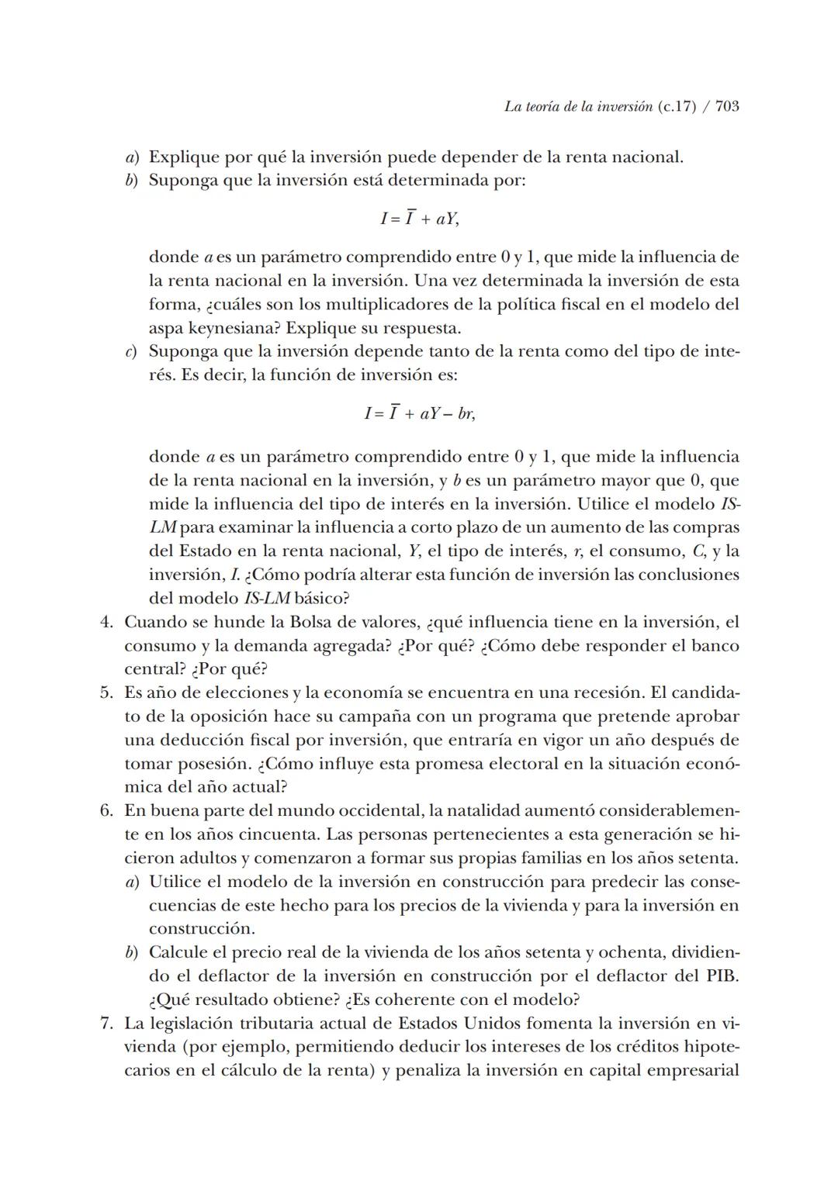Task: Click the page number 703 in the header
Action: point(726,107)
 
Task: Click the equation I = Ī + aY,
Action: point(419,219)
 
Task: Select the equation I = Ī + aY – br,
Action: point(419,413)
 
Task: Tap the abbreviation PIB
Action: point(721,976)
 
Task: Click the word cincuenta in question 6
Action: point(275,834)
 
